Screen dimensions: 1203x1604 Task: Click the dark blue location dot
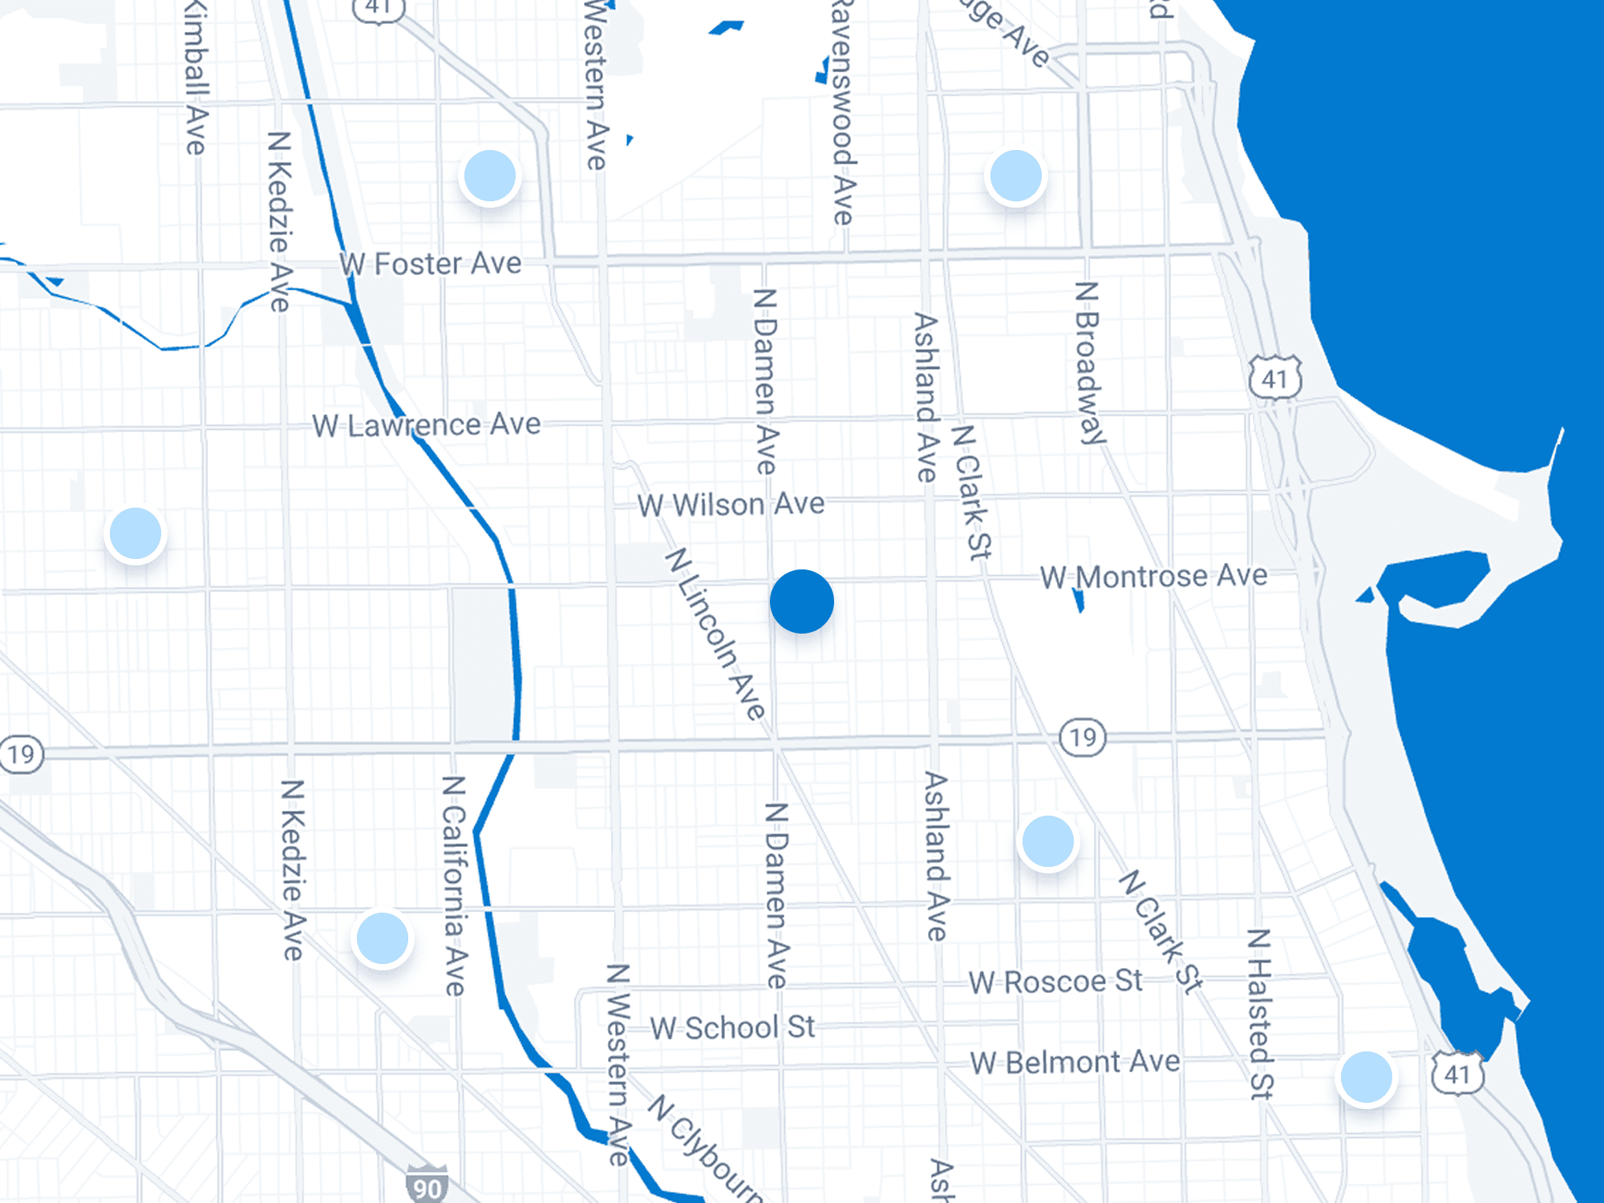click(x=801, y=601)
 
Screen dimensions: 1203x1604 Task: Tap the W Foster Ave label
click(x=431, y=264)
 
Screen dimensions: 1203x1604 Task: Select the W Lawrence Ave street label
click(x=426, y=425)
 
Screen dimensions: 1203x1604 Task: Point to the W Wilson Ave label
click(x=731, y=505)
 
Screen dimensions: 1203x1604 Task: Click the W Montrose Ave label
click(x=1153, y=577)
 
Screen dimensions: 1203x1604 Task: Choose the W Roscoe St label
click(x=1055, y=982)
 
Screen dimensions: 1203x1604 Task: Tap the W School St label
click(x=732, y=1027)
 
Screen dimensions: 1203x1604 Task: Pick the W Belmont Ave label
click(x=1075, y=1063)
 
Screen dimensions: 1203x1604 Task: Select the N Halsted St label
click(x=1260, y=1014)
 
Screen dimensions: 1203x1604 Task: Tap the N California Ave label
click(x=454, y=885)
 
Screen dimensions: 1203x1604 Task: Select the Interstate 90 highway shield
click(x=427, y=1185)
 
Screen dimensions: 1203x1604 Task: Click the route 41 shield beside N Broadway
click(x=1274, y=378)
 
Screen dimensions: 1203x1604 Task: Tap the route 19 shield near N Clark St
click(x=1083, y=737)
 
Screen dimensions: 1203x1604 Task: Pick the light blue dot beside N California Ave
click(x=383, y=938)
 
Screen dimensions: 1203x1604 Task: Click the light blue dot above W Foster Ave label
click(x=490, y=176)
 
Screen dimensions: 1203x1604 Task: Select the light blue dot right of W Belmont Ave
click(x=1366, y=1078)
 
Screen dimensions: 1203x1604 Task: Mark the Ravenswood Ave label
click(x=841, y=112)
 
